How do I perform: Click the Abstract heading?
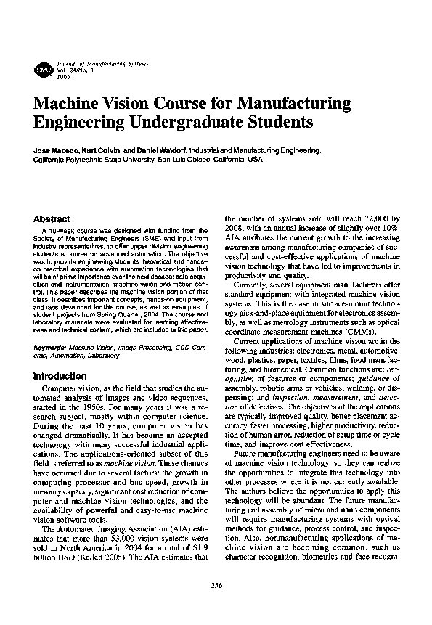52,218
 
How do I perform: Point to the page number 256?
216,585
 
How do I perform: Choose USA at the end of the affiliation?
254,158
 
